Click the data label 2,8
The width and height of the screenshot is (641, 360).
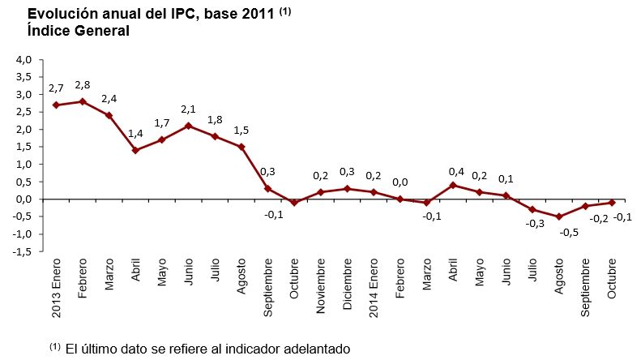pos(83,85)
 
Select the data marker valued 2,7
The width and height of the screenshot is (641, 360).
pos(56,105)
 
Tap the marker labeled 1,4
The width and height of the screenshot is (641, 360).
pos(135,150)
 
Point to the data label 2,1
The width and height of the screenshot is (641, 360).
pos(189,109)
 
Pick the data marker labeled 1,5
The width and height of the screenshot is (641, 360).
pos(241,147)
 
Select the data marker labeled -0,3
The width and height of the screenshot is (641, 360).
pos(532,209)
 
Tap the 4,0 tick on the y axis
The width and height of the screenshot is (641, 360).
pos(23,59)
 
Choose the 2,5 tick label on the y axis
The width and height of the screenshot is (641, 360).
pos(23,112)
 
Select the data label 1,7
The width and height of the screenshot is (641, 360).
pos(162,123)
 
